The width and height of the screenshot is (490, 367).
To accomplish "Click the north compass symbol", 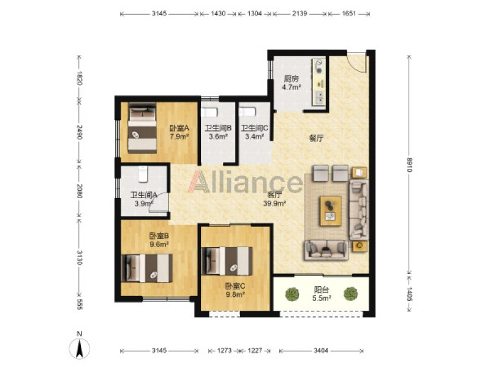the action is tap(80, 347).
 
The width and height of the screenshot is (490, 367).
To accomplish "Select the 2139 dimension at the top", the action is tap(300, 13).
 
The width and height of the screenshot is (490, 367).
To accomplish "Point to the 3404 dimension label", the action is tap(321, 350).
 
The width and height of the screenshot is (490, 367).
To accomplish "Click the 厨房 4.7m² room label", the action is tap(292, 83).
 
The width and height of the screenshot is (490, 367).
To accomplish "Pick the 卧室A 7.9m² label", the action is tap(179, 132).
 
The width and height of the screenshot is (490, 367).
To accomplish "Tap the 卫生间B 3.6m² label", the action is tap(218, 132).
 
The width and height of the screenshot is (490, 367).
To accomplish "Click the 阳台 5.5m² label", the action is tap(322, 294).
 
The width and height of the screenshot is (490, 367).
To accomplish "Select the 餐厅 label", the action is tap(316, 138).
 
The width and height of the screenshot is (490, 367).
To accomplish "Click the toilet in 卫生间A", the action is tap(143, 174).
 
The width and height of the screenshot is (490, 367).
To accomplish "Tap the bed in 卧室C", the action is tap(227, 261).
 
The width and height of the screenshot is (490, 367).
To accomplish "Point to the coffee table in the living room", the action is tap(330, 210).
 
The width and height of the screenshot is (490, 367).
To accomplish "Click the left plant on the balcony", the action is tap(292, 294).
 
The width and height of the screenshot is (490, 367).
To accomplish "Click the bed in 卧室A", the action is tap(142, 128).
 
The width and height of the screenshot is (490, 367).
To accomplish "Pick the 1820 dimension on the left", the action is tap(80, 78).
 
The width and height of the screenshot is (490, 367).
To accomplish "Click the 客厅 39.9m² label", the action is tap(275, 199).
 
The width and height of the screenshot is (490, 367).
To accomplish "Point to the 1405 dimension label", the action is tap(409, 294).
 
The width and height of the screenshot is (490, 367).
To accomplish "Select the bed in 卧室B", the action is tap(146, 268).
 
